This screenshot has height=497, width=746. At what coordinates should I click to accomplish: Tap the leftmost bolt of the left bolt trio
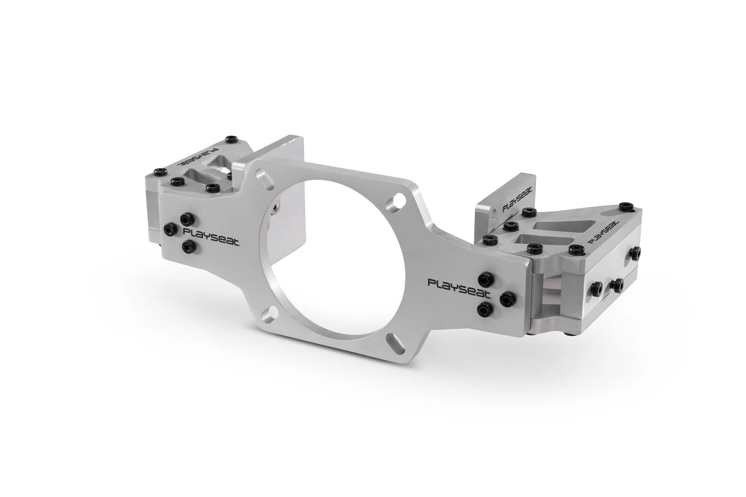point(170,228)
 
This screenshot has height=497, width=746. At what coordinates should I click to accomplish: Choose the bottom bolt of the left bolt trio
point(187,248)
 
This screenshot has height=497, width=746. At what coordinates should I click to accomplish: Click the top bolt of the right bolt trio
point(484,278)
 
